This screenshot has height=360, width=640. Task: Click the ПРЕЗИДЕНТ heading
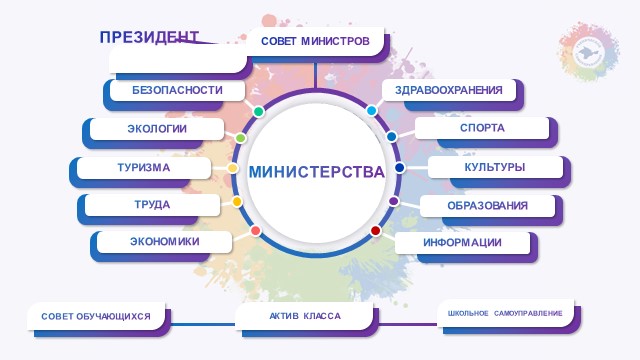point(149,37)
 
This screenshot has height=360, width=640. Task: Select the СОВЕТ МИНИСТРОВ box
point(315,41)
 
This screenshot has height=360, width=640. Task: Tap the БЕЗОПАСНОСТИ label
point(177,90)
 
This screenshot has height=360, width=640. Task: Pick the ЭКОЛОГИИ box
point(157,129)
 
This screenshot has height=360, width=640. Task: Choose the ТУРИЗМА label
point(144,168)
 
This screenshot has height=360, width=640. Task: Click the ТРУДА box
point(152,205)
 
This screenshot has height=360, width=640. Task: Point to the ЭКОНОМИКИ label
point(164,242)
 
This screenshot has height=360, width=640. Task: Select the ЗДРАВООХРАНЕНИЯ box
point(449,90)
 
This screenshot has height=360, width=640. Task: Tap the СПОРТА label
point(482,128)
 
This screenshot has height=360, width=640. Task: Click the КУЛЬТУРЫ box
point(495,167)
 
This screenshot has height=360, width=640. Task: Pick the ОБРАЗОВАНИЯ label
point(487,206)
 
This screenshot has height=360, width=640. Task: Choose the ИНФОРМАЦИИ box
point(462,243)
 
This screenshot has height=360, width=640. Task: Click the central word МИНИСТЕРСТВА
point(317,172)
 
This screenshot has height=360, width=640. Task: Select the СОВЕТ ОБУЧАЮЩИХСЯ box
point(96,316)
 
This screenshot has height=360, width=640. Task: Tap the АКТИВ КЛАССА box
point(304,316)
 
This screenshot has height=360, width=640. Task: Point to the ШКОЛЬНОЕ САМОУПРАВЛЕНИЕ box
point(505,313)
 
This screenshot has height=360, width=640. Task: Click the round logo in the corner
point(589,52)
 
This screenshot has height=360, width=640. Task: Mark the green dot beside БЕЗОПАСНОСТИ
point(258,111)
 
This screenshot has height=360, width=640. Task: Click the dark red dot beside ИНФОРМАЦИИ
point(376,231)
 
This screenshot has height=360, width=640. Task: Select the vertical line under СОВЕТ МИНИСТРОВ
point(315,75)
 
